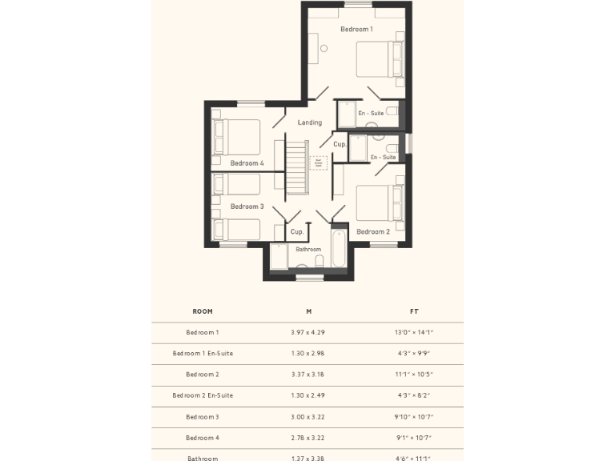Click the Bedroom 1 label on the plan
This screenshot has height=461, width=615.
tap(356, 30)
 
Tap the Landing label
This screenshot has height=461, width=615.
tap(309, 122)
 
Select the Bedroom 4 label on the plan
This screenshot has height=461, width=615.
tap(247, 163)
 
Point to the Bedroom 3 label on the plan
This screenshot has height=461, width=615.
tap(247, 206)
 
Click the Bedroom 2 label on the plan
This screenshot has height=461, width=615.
tap(373, 232)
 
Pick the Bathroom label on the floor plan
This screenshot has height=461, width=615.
tap(308, 250)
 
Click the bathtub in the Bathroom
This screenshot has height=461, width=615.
tap(337, 250)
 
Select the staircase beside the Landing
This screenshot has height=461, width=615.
tap(297, 167)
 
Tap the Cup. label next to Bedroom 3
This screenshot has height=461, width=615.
tap(296, 232)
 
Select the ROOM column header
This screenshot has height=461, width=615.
tap(203, 311)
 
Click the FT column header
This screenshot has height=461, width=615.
tap(414, 311)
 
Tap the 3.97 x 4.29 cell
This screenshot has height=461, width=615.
tap(308, 332)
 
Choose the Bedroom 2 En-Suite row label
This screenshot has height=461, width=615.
tap(203, 395)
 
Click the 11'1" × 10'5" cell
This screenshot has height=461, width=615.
tap(414, 375)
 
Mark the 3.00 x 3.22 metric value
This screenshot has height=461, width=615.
tap(308, 417)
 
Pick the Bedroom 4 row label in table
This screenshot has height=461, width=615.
tap(203, 438)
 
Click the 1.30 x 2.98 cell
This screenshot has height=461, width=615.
tap(308, 353)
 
